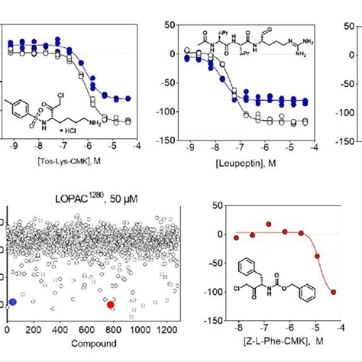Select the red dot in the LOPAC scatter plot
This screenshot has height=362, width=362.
(x=111, y=305)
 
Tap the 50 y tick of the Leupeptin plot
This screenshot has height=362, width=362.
(x=173, y=26)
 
